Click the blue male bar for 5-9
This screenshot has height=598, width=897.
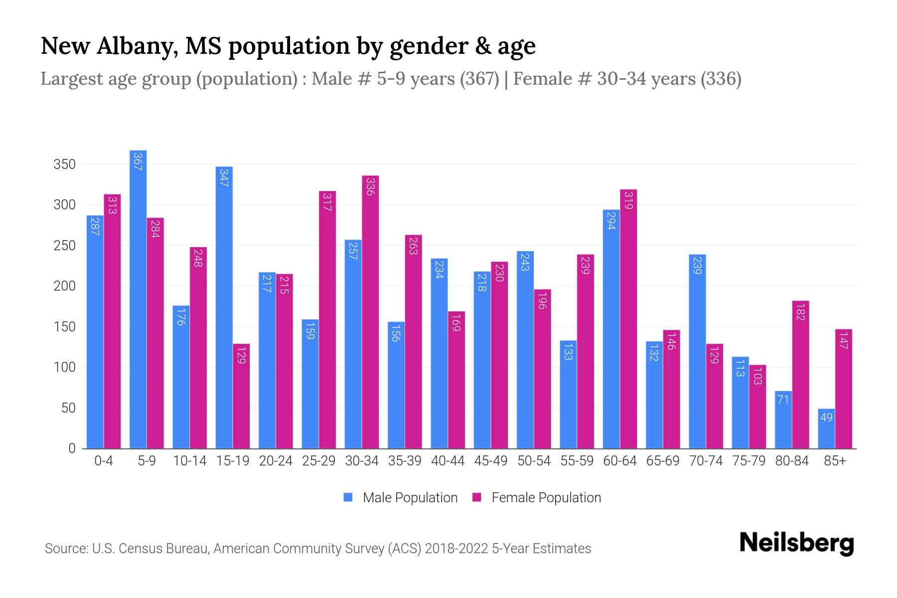coord(138,299)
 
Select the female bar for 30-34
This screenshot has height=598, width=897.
coord(370,312)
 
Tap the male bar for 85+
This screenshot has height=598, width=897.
coord(826,429)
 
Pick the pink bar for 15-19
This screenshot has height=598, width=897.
coord(241,396)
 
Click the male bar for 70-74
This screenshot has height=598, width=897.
coord(697,351)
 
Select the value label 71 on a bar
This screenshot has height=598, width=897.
coord(783,400)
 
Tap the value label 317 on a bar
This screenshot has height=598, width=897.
coord(327,201)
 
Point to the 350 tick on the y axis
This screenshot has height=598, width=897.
coord(64,164)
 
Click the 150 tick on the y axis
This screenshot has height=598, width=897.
coord(64,327)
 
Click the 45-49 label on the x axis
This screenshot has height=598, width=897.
coord(491,461)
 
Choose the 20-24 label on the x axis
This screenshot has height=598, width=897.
coord(276,461)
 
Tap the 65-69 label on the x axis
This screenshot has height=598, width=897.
coord(663,461)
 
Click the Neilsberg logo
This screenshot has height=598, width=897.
coord(797,543)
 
